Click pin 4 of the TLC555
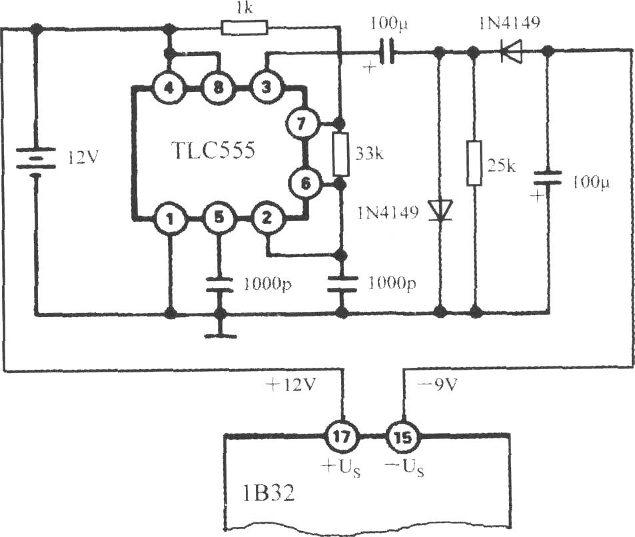click(x=169, y=88)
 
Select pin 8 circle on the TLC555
click(x=218, y=88)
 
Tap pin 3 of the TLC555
click(x=266, y=88)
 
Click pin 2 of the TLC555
click(x=266, y=219)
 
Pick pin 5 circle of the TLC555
click(x=219, y=219)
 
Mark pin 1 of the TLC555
click(x=170, y=219)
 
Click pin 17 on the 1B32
click(x=342, y=437)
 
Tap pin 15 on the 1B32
click(x=403, y=437)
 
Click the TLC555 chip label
click(x=213, y=151)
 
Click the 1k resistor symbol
click(x=245, y=28)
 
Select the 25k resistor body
click(x=474, y=163)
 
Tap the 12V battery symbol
click(x=35, y=162)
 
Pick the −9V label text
click(x=437, y=384)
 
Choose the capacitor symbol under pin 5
click(x=219, y=284)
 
